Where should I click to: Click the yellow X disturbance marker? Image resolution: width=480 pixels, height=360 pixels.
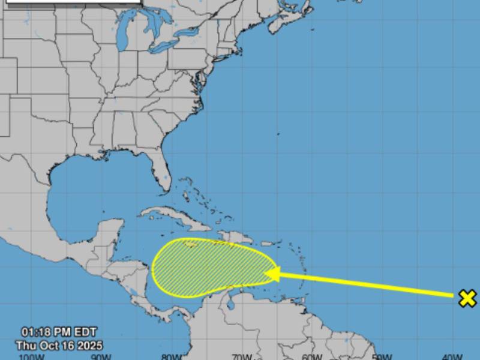[467, 298]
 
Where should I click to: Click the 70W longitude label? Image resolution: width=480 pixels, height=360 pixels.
[242, 357]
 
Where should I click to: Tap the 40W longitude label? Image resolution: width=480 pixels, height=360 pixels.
[451, 357]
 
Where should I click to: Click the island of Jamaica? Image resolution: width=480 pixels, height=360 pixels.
[190, 244]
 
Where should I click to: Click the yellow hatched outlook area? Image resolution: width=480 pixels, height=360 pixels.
[210, 267]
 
